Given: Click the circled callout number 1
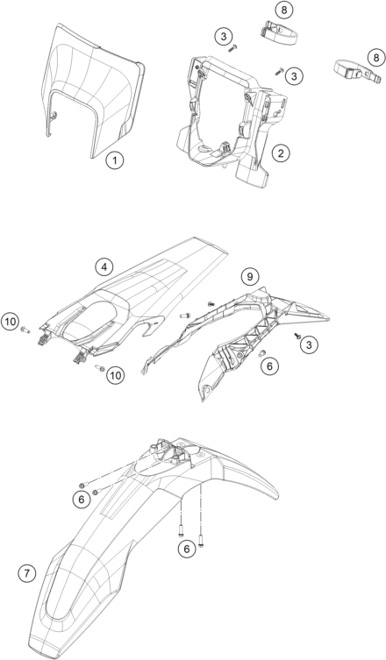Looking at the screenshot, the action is pyautogui.click(x=115, y=160).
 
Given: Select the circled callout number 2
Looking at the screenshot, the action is pyautogui.click(x=281, y=153).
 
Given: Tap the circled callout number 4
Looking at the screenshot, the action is pyautogui.click(x=104, y=266).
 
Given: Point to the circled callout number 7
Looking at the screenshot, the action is pyautogui.click(x=27, y=573).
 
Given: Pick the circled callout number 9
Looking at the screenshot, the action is pyautogui.click(x=250, y=277).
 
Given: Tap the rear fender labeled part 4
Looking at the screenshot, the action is pyautogui.click(x=135, y=299).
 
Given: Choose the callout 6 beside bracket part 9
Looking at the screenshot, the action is pyautogui.click(x=269, y=366).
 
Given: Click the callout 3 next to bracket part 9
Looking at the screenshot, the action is pyautogui.click(x=310, y=345).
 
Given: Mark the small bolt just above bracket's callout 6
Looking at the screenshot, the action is pyautogui.click(x=261, y=353).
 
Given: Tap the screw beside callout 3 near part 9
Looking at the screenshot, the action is pyautogui.click(x=297, y=336).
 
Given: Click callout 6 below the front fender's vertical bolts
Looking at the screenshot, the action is pyautogui.click(x=187, y=548).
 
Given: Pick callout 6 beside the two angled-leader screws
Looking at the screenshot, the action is pyautogui.click(x=82, y=500).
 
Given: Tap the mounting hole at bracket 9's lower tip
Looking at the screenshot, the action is pyautogui.click(x=206, y=388).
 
